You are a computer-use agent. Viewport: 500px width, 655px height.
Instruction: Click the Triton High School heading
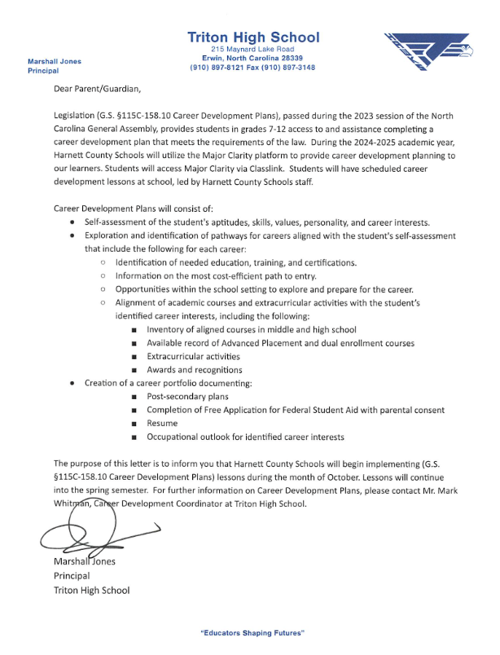click(253, 37)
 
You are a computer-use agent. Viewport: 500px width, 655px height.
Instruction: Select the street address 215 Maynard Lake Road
click(253, 50)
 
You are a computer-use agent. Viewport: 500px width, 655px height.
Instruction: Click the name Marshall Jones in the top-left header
click(55, 61)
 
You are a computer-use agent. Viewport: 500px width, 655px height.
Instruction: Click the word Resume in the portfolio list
click(161, 424)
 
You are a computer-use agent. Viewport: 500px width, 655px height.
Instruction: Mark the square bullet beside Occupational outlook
click(134, 437)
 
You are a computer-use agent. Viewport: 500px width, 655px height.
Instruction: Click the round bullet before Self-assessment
click(74, 222)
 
